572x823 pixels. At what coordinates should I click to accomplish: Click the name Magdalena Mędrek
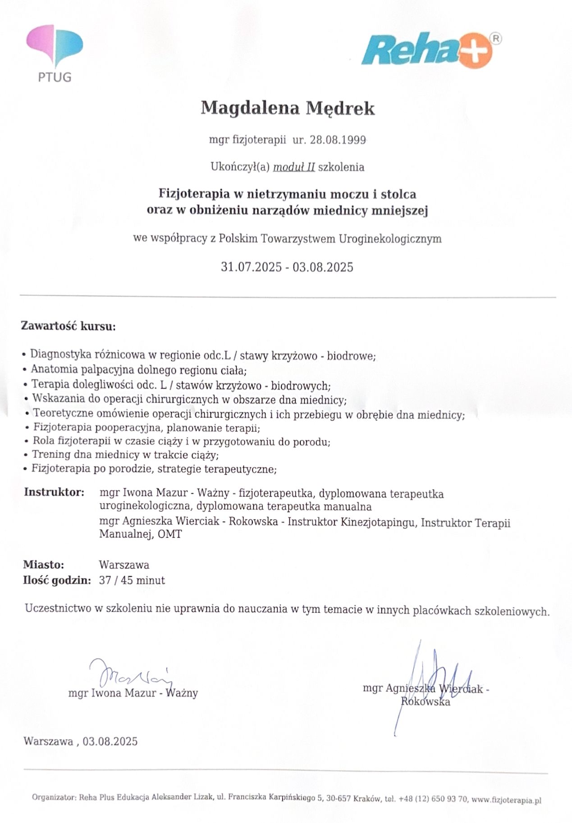click(287, 108)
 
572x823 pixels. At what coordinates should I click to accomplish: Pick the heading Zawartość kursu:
click(68, 326)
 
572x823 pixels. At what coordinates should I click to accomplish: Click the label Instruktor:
click(54, 491)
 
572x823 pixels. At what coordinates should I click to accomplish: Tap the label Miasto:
click(44, 564)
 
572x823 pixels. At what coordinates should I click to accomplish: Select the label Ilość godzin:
click(57, 580)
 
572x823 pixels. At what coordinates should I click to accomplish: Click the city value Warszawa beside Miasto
click(124, 564)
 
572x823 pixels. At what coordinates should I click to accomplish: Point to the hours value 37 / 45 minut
click(132, 580)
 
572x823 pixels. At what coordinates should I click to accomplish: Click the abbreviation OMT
click(170, 535)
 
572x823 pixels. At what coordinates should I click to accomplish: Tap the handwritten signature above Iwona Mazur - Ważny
click(131, 673)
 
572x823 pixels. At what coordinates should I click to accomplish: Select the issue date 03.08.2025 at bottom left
click(110, 741)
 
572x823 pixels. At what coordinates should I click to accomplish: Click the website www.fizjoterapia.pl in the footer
click(506, 800)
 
